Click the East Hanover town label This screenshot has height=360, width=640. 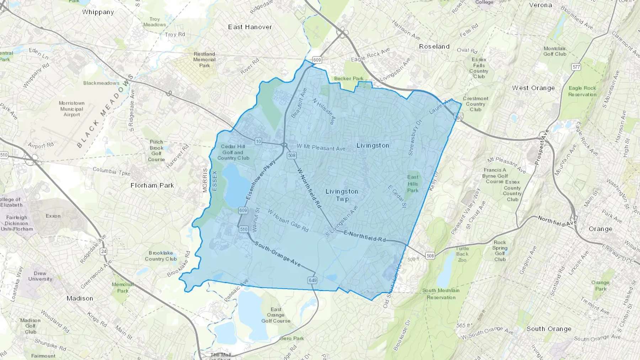tap(250, 27)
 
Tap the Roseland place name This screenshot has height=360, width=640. tap(434, 47)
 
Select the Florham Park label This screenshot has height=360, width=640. tap(152, 186)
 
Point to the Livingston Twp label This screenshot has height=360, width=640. tap(342, 195)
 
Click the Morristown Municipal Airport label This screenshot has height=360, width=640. tap(72, 109)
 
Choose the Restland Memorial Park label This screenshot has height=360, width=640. tap(204, 60)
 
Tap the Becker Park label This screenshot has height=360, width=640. tap(348, 79)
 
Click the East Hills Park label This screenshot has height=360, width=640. tap(413, 184)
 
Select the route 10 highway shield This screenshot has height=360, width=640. tap(258, 141)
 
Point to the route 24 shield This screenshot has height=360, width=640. tap(103, 251)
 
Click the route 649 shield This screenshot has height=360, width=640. tap(313, 280)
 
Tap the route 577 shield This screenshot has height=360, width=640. tap(576, 67)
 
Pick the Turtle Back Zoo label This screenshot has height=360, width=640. tap(462, 254)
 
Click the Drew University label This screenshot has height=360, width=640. tap(40, 276)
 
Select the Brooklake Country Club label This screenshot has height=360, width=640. tap(161, 256)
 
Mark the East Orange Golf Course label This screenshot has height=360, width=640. tap(276, 315)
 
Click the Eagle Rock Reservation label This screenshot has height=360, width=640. tap(582, 91)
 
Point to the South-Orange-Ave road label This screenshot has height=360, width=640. tap(278, 254)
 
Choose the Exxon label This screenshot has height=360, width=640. tap(53, 216)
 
